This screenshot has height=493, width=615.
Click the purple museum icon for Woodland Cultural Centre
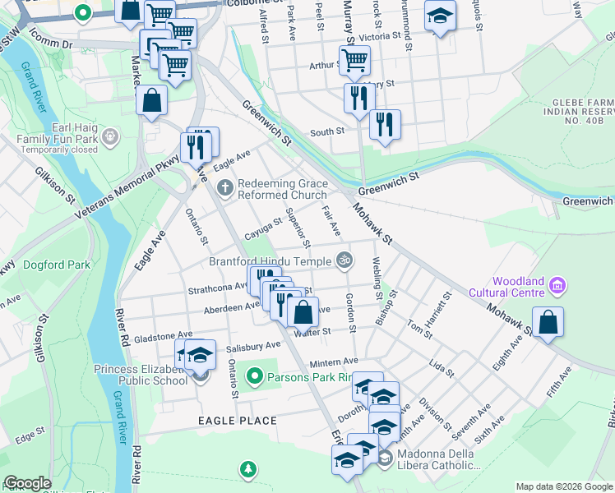coord(558,285)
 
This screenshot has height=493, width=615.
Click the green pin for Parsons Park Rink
coord(255,377)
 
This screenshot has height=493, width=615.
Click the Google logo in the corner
coord(27,483)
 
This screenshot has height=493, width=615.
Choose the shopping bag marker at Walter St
coord(303,312)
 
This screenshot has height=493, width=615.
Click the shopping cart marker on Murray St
coord(354,59)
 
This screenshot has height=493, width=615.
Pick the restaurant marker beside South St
coord(385,125)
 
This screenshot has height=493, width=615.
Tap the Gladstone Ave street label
coord(164,337)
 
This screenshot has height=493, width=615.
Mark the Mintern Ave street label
coord(334,362)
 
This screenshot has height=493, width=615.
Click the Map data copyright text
coord(563,486)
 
